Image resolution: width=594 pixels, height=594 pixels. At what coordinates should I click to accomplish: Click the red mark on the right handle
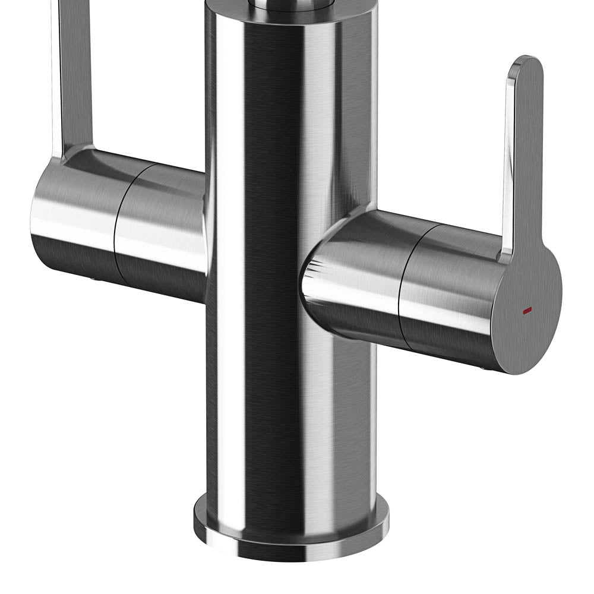526,311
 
